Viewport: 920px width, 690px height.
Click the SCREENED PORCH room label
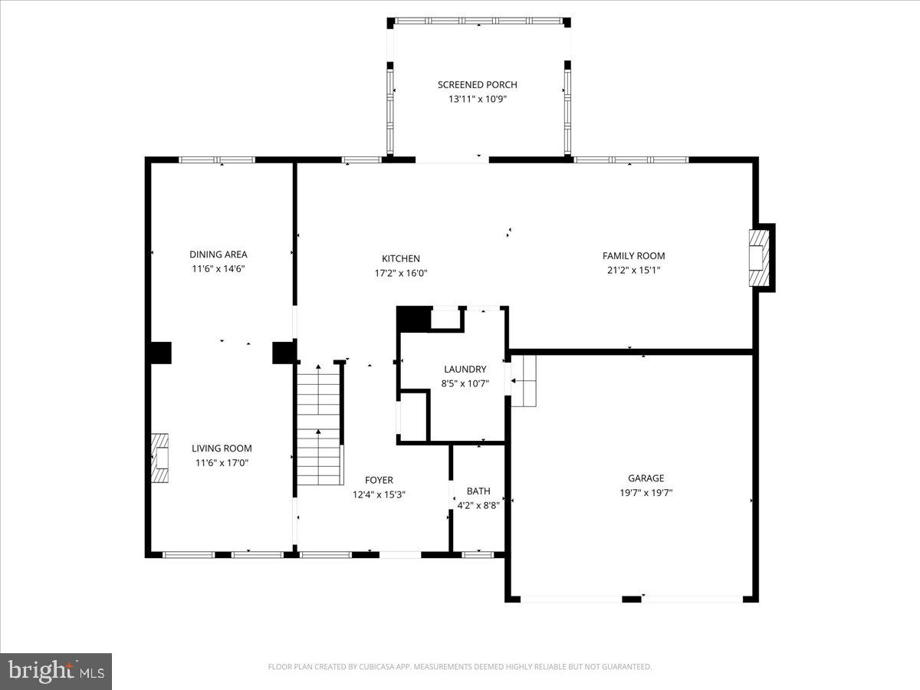point(477,84)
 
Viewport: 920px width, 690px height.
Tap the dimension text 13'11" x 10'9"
point(477,99)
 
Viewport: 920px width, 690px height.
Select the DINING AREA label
point(219,255)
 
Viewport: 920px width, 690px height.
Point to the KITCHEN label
point(401,259)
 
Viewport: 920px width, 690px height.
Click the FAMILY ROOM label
point(633,256)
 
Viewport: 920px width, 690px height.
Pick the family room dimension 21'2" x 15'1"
point(633,270)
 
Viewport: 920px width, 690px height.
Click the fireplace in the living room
point(160,458)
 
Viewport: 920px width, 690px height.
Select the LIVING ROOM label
point(222,449)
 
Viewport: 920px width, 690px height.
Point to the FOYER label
point(379,481)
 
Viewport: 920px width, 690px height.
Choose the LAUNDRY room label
point(465,370)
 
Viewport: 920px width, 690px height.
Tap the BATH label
point(478,491)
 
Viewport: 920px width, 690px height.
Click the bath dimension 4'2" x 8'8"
point(478,505)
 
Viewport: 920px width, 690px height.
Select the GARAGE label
point(646,478)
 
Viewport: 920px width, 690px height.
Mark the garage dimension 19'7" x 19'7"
point(646,493)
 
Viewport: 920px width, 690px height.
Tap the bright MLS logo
point(56,671)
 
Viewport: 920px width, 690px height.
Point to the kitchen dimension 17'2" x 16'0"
point(401,273)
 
